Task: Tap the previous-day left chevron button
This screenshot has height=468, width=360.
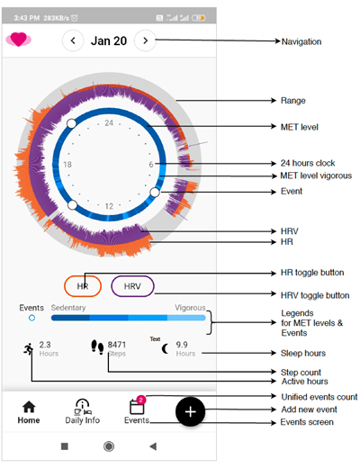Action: click(73, 40)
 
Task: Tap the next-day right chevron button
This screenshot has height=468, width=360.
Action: click(145, 40)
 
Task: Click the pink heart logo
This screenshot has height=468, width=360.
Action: click(19, 40)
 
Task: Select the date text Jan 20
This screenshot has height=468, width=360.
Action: click(109, 40)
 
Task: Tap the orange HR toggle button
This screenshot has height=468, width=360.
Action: click(83, 286)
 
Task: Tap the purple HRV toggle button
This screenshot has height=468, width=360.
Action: click(132, 286)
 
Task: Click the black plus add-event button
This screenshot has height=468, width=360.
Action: click(191, 411)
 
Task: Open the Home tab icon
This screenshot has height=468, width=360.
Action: click(29, 407)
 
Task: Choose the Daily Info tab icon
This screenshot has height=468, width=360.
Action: click(83, 407)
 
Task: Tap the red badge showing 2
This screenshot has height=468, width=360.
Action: click(140, 400)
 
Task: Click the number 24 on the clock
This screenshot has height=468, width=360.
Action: click(109, 122)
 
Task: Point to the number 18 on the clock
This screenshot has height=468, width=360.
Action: click(67, 165)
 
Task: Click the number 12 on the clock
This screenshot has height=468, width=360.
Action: click(109, 206)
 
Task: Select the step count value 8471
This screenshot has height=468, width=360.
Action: click(117, 345)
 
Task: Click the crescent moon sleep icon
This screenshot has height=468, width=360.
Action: click(165, 349)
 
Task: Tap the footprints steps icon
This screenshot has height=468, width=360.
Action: click(97, 346)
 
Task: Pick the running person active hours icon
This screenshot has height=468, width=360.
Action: click(29, 349)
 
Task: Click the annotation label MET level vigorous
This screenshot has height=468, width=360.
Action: click(316, 175)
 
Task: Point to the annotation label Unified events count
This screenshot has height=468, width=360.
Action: click(319, 397)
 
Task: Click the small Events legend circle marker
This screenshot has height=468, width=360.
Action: click(31, 318)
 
